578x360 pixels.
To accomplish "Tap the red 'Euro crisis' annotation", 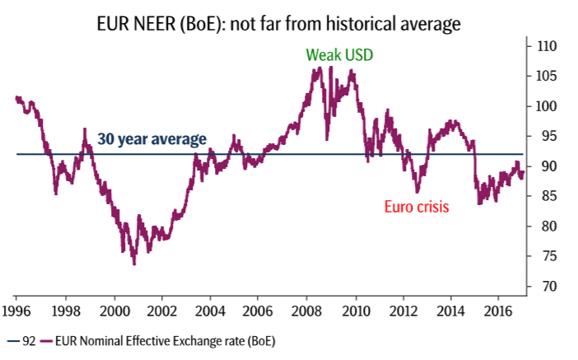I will (417, 207).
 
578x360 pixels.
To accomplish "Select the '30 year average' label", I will (151, 139).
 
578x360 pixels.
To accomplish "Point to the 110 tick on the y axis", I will (544, 46).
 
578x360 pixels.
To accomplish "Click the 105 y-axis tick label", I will (544, 77).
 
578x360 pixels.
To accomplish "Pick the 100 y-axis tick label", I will (544, 106).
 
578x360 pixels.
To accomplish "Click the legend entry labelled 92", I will (24, 339).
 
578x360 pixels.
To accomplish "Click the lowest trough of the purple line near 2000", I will (133, 264).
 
